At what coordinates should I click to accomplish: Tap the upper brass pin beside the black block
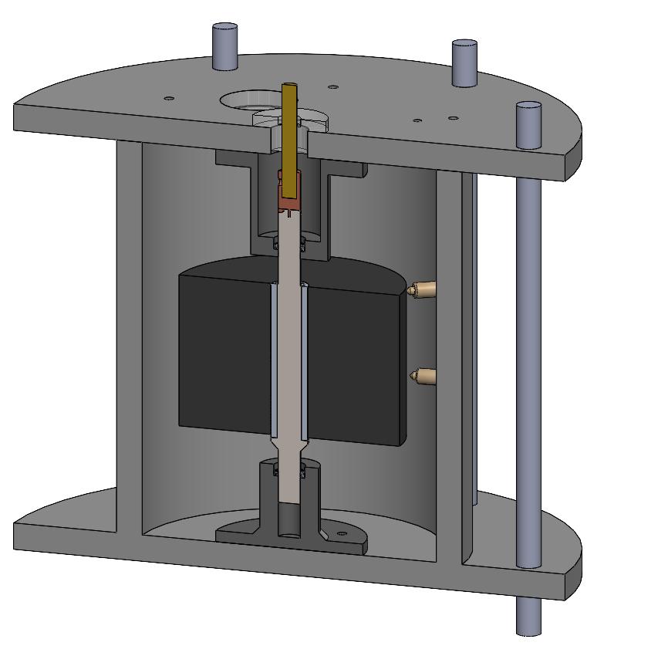[x=422, y=291]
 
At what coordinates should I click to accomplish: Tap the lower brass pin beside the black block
[x=422, y=377]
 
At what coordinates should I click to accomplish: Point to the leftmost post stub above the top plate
[x=224, y=46]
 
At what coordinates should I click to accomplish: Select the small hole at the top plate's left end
[x=167, y=98]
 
